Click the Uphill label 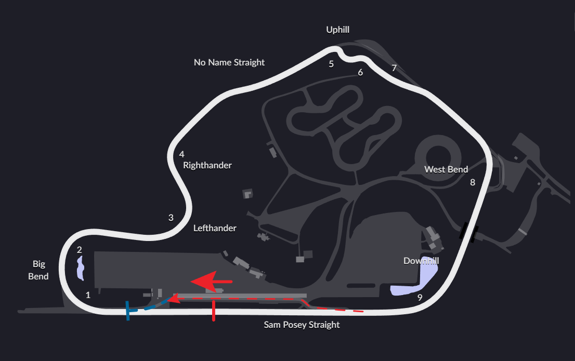click(337, 30)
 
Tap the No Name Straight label click(229, 62)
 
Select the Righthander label click(207, 165)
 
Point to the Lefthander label click(215, 228)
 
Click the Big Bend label click(39, 270)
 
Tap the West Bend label click(446, 169)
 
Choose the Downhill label click(421, 261)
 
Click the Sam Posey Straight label click(302, 325)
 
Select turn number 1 click(88, 295)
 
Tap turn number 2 click(79, 250)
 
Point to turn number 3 click(171, 218)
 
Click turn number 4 click(181, 154)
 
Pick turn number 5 click(331, 64)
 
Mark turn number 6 click(360, 72)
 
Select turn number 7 click(394, 68)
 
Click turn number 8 click(473, 182)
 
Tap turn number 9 click(420, 298)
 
